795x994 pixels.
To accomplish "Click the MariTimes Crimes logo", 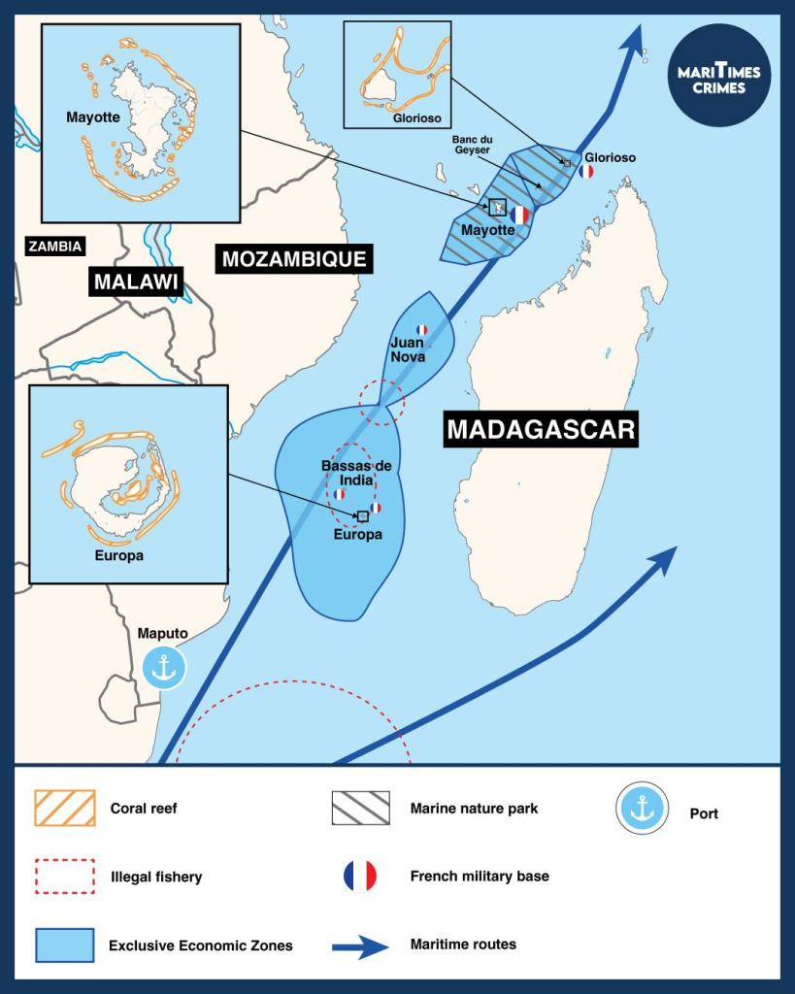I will point(719,76).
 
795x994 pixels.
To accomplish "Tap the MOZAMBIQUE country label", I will point(294,259).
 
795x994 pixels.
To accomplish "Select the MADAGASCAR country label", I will point(542,428).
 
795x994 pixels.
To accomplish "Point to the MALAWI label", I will point(137,282).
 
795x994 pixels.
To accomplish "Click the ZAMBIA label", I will point(54,247).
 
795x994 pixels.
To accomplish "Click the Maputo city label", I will point(162,634).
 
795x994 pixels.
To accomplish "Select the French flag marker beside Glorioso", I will point(585,172).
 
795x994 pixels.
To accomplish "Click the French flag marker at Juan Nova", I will point(421,330).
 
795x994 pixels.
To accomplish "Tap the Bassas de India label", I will point(348,473).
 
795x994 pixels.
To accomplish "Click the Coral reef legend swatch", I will point(64,808).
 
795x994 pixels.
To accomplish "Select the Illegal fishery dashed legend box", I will point(64,876).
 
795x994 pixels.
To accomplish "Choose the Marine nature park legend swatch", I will point(360,808).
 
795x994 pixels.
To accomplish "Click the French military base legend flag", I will point(360,876).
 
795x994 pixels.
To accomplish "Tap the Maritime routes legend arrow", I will point(360,944).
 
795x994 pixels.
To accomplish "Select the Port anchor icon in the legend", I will point(643,808).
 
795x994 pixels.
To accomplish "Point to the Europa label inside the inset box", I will point(119,556).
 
